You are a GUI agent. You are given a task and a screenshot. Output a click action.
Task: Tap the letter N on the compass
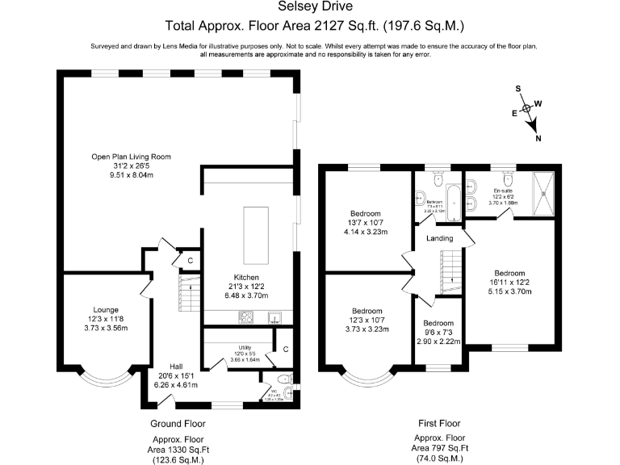pos(538,138)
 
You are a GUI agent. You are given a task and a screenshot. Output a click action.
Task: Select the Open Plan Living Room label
pos(131,157)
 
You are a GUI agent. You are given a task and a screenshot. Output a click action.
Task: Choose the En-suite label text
pos(504,191)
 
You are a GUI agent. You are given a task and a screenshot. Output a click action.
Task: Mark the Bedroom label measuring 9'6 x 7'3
pos(439,323)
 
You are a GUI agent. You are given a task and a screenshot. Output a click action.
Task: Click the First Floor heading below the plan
pos(440,424)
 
